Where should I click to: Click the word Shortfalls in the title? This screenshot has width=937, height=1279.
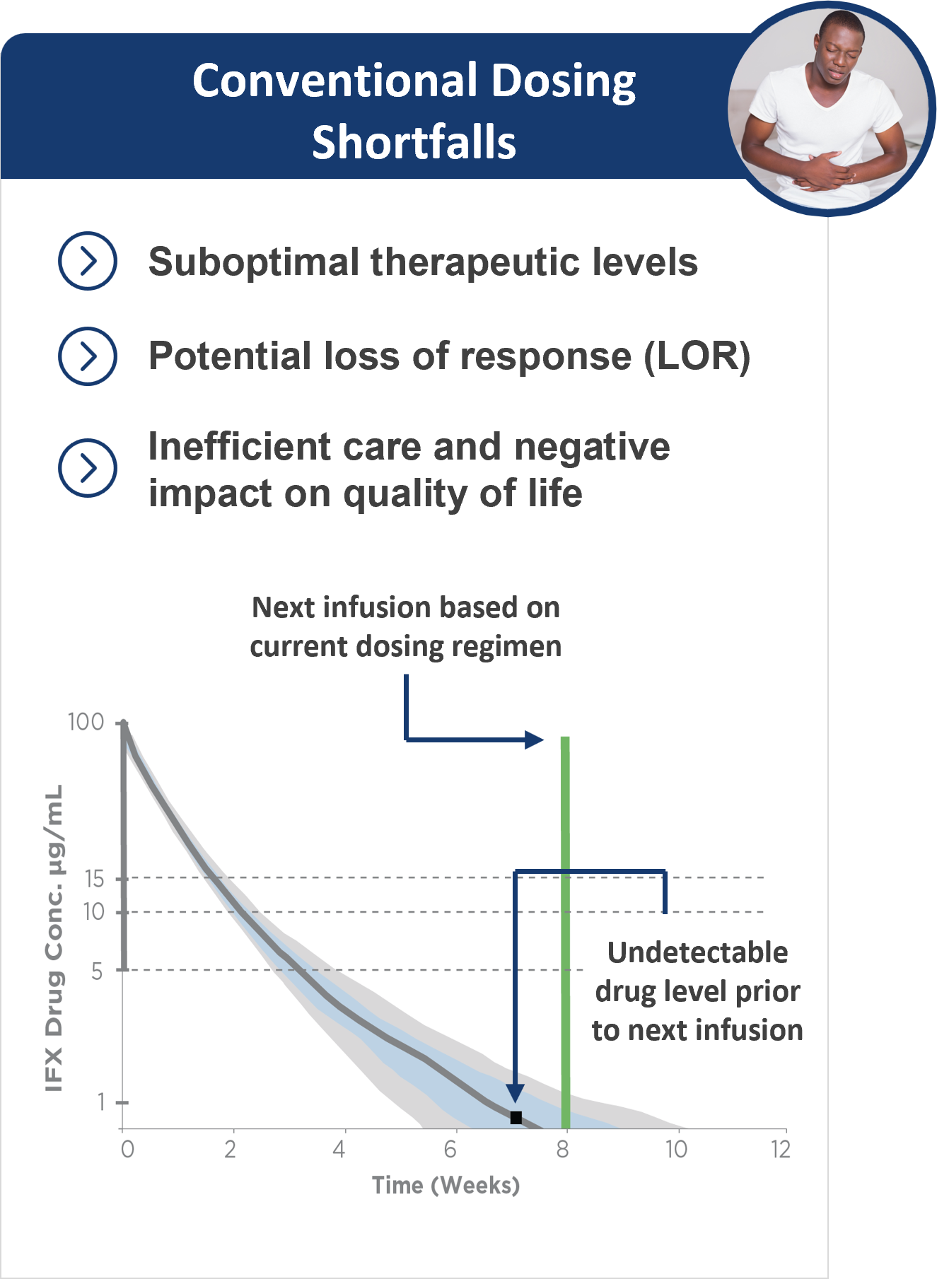click(414, 142)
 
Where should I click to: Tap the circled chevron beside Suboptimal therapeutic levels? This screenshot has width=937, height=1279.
click(88, 261)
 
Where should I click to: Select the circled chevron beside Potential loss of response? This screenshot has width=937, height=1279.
click(88, 356)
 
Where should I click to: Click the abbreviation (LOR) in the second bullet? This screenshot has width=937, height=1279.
click(697, 356)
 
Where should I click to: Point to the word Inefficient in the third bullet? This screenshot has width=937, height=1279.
click(240, 447)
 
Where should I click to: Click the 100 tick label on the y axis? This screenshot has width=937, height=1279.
click(86, 722)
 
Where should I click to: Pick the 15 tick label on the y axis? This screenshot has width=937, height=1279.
click(94, 879)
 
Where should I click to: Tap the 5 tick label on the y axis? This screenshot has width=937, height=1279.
click(98, 971)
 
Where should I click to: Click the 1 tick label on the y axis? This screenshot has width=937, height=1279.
click(101, 1102)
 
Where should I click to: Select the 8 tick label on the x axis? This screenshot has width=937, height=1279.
click(563, 1150)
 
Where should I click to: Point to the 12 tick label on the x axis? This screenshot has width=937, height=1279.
click(780, 1150)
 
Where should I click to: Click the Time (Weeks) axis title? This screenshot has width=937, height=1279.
click(446, 1186)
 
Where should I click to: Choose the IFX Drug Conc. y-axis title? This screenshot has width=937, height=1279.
click(54, 938)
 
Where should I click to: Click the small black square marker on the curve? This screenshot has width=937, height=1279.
click(516, 1118)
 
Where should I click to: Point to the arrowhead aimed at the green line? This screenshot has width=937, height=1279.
click(534, 740)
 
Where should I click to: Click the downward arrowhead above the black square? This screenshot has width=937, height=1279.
click(516, 1093)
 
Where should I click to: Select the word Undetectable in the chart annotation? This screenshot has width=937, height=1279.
click(697, 953)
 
